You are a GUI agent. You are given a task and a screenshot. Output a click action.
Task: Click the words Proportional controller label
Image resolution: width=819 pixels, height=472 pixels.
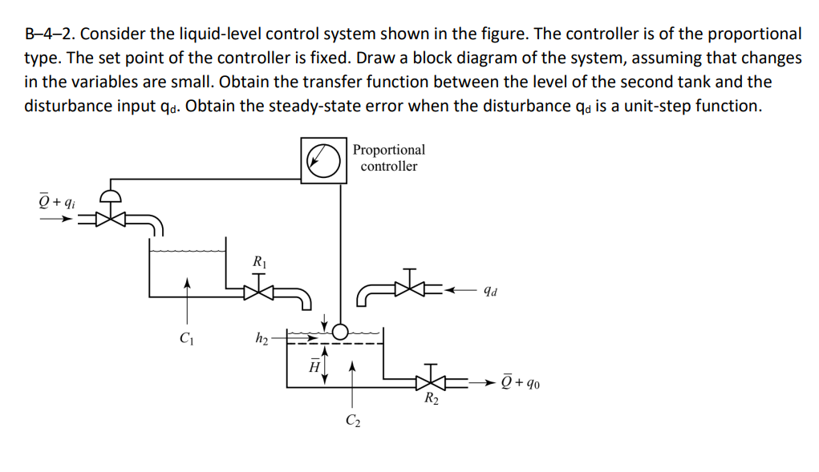(x=389, y=158)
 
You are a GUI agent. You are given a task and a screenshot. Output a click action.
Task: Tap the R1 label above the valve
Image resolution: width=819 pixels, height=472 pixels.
(x=259, y=261)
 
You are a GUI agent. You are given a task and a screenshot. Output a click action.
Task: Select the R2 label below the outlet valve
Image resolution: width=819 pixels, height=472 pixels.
(x=432, y=398)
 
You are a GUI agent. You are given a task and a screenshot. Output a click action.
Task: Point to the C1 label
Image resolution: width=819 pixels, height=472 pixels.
(x=186, y=337)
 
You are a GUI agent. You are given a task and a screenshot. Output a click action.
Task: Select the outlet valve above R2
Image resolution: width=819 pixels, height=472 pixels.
(x=434, y=381)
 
